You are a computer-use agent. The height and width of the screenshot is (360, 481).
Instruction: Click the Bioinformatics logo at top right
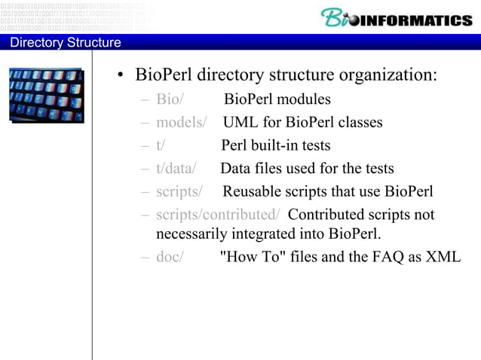point(396,18)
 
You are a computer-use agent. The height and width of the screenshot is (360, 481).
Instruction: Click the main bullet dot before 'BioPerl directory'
point(120,76)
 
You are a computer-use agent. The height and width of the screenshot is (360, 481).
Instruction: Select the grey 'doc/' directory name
point(170,256)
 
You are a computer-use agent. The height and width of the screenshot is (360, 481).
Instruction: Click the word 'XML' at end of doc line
point(443,256)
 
